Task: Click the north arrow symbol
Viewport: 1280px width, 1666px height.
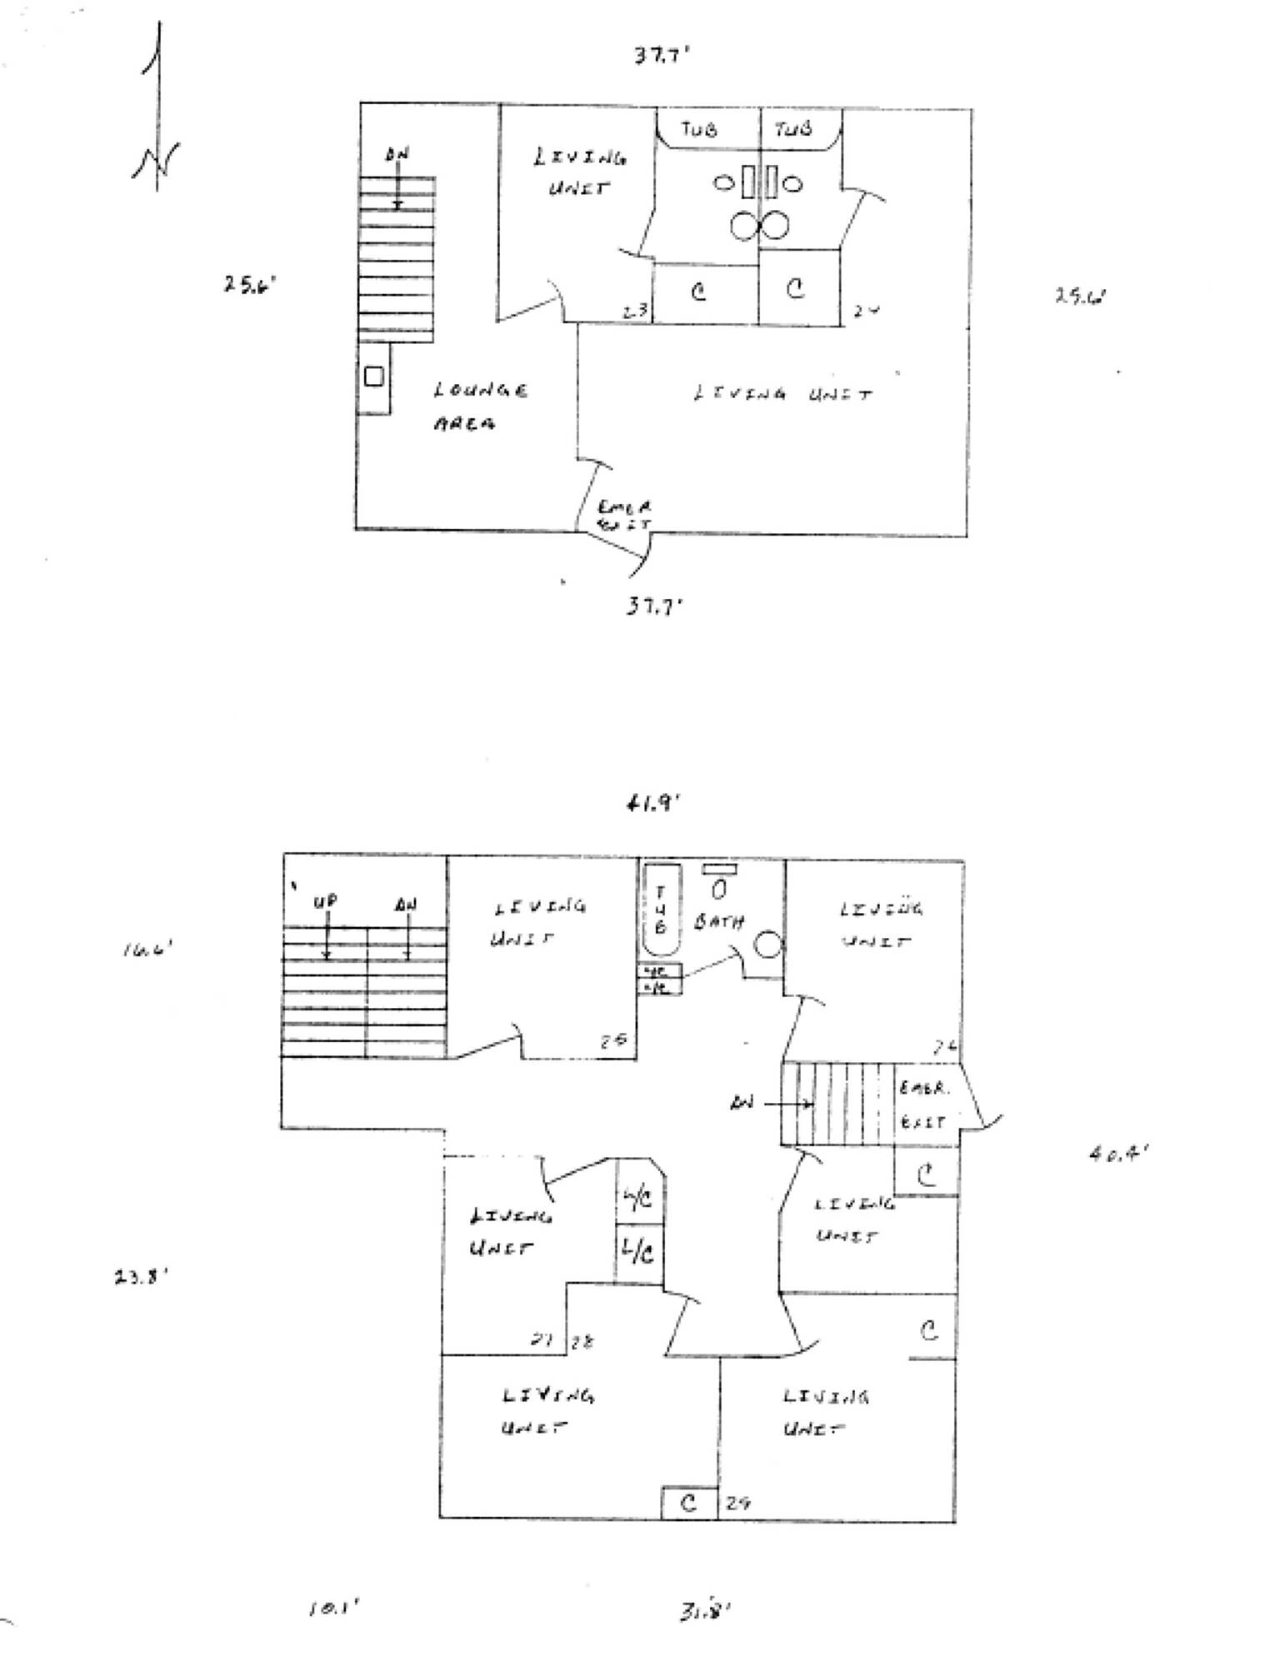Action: click(156, 108)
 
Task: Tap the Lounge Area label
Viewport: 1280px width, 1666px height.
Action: click(478, 407)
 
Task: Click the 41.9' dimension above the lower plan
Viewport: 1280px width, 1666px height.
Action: click(653, 804)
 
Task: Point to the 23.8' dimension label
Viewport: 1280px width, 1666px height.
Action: click(142, 1277)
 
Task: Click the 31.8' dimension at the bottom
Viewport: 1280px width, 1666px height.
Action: click(704, 1612)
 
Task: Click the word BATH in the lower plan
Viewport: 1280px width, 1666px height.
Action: click(718, 922)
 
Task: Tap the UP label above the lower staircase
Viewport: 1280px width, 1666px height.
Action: click(325, 902)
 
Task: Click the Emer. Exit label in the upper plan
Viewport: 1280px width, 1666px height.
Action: click(624, 516)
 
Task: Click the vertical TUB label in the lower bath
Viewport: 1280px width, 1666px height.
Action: click(661, 910)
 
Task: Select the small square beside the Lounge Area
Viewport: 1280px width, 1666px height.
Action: click(374, 377)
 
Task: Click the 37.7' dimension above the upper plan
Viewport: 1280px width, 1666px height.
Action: click(662, 57)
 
